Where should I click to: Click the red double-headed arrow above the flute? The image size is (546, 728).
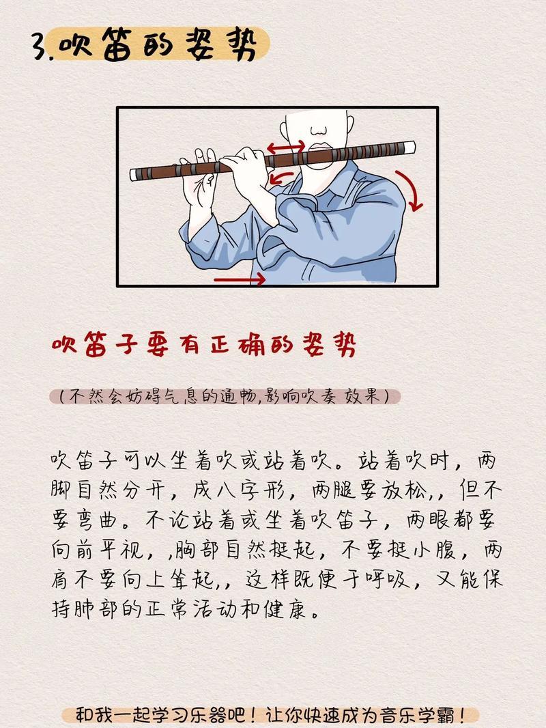point(285,148)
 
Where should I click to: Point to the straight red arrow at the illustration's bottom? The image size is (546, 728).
point(240,279)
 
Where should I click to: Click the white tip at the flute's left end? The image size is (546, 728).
point(133,175)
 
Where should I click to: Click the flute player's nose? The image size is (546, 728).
point(319,130)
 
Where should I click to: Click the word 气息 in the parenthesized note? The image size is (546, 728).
point(181,396)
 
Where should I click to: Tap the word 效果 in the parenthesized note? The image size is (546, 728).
point(362,396)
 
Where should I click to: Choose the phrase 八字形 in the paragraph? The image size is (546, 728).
point(246,491)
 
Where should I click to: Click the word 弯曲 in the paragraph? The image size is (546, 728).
point(102,520)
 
